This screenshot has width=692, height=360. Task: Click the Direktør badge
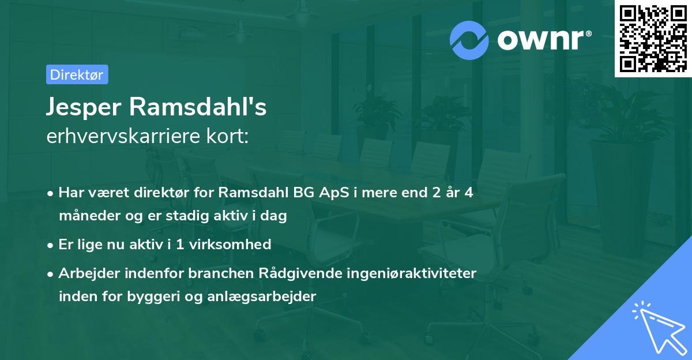[x=77, y=74]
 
